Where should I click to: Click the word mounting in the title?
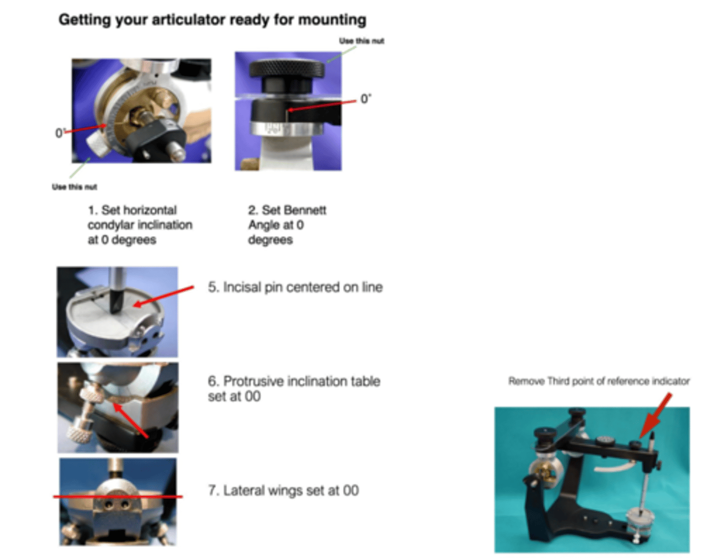pos(332,20)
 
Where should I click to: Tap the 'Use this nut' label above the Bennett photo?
pos(361,41)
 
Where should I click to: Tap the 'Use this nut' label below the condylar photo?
pos(75,187)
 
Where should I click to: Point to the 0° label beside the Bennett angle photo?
pos(366,98)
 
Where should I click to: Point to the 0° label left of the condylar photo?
pos(60,133)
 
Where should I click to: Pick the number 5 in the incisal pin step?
pos(212,288)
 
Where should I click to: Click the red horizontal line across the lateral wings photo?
pos(118,496)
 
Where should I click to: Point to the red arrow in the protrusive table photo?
pos(131,420)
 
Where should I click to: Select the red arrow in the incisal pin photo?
pos(164,296)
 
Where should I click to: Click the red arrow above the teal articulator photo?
pos(655,416)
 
